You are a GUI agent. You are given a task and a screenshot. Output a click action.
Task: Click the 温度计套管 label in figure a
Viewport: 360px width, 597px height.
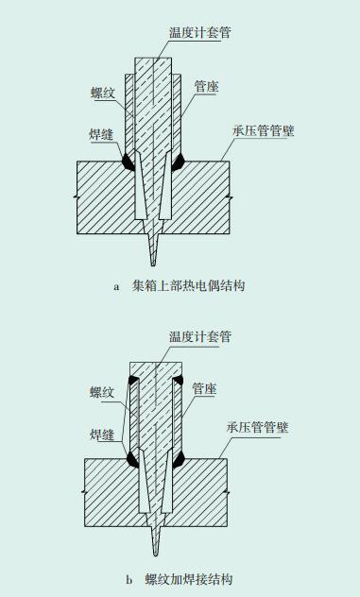click(x=200, y=32)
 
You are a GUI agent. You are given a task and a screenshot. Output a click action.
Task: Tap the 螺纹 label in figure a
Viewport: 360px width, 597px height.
click(x=103, y=94)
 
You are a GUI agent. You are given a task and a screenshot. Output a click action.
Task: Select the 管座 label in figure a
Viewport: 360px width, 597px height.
click(x=207, y=87)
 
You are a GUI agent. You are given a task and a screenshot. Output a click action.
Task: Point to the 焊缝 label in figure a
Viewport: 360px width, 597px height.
click(x=101, y=134)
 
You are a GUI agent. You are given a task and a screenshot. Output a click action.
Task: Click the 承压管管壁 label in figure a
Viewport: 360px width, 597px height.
click(x=264, y=130)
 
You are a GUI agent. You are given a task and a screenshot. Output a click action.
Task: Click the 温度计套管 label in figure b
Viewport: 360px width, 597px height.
click(x=200, y=336)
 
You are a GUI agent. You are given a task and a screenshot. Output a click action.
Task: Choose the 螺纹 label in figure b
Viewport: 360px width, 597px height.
click(x=102, y=392)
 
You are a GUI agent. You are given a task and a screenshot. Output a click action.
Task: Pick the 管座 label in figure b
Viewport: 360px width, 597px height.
click(x=205, y=389)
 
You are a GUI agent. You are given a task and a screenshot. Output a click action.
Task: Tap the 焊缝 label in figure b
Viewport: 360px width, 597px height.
click(x=102, y=435)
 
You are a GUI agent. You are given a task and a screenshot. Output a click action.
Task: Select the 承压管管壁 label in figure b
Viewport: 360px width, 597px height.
click(x=257, y=427)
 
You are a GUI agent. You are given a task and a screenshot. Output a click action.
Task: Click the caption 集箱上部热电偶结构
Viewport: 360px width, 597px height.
click(x=188, y=285)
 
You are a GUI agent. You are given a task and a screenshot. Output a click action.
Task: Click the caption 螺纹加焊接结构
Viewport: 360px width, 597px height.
click(x=189, y=579)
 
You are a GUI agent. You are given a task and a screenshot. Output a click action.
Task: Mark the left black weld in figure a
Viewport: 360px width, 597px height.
click(x=128, y=162)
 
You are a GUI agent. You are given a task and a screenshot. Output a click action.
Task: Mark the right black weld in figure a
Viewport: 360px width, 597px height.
click(x=178, y=162)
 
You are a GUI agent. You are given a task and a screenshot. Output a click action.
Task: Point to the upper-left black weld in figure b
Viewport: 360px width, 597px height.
click(x=133, y=380)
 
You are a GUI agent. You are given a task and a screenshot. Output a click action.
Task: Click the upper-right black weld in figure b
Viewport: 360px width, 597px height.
click(x=178, y=380)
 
